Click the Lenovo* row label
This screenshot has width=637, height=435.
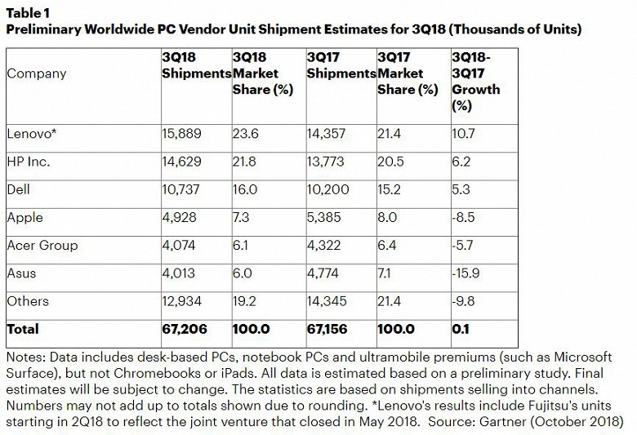(x=31, y=134)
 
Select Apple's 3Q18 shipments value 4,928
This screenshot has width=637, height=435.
(x=179, y=217)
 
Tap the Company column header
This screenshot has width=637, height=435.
(x=37, y=74)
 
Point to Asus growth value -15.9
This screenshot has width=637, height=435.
(x=465, y=273)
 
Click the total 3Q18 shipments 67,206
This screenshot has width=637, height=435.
(x=185, y=329)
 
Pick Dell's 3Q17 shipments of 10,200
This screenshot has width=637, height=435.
(x=327, y=189)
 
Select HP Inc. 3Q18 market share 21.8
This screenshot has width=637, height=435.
(x=244, y=162)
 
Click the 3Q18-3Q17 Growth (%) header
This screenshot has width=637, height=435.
(x=476, y=82)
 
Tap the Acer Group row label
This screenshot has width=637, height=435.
(x=42, y=246)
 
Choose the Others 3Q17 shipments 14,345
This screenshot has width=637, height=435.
(x=327, y=301)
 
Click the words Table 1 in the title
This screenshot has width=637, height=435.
(x=28, y=13)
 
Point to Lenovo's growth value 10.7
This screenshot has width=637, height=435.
(x=463, y=134)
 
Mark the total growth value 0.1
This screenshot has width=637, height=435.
(x=461, y=329)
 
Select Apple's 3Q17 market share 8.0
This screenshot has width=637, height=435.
(x=387, y=217)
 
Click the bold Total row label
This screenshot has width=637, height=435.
(x=23, y=329)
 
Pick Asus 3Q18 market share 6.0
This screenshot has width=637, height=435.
(x=242, y=273)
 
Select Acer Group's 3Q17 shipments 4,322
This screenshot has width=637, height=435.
(x=323, y=246)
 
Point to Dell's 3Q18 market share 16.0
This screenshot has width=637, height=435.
(x=245, y=189)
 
